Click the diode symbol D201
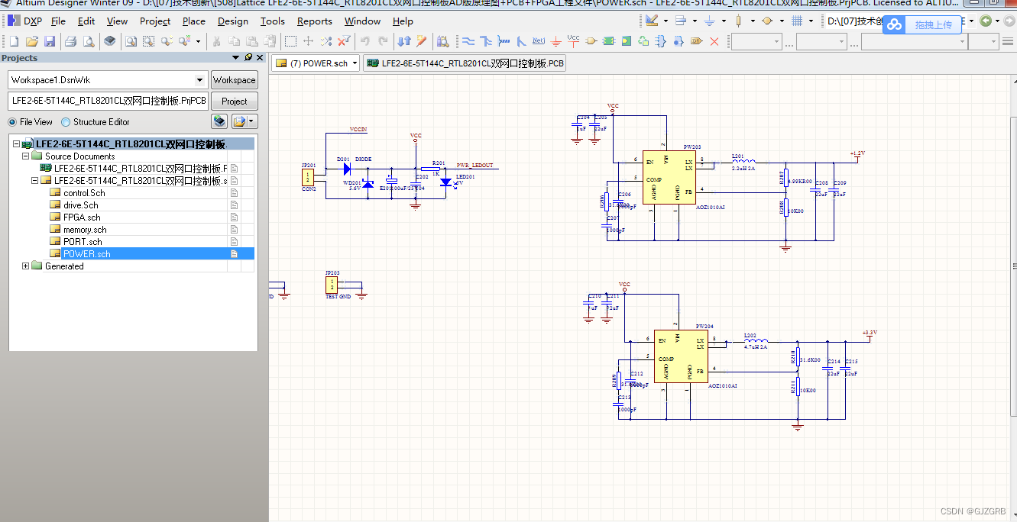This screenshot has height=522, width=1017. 347,169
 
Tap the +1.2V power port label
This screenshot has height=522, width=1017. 857,154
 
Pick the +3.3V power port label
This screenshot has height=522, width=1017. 870,333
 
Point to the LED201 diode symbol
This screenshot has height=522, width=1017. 445,182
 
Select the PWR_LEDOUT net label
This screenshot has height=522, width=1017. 474,165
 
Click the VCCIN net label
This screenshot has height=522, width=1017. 358,130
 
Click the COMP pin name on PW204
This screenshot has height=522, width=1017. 666,359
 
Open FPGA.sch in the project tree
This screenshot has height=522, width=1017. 82,217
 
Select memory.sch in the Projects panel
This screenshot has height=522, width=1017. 85,230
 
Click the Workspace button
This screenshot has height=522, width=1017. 234,80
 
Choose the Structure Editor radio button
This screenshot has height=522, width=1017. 66,122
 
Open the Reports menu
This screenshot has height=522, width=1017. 314,21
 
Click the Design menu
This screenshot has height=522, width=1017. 233,21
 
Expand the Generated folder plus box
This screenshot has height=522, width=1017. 26,266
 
